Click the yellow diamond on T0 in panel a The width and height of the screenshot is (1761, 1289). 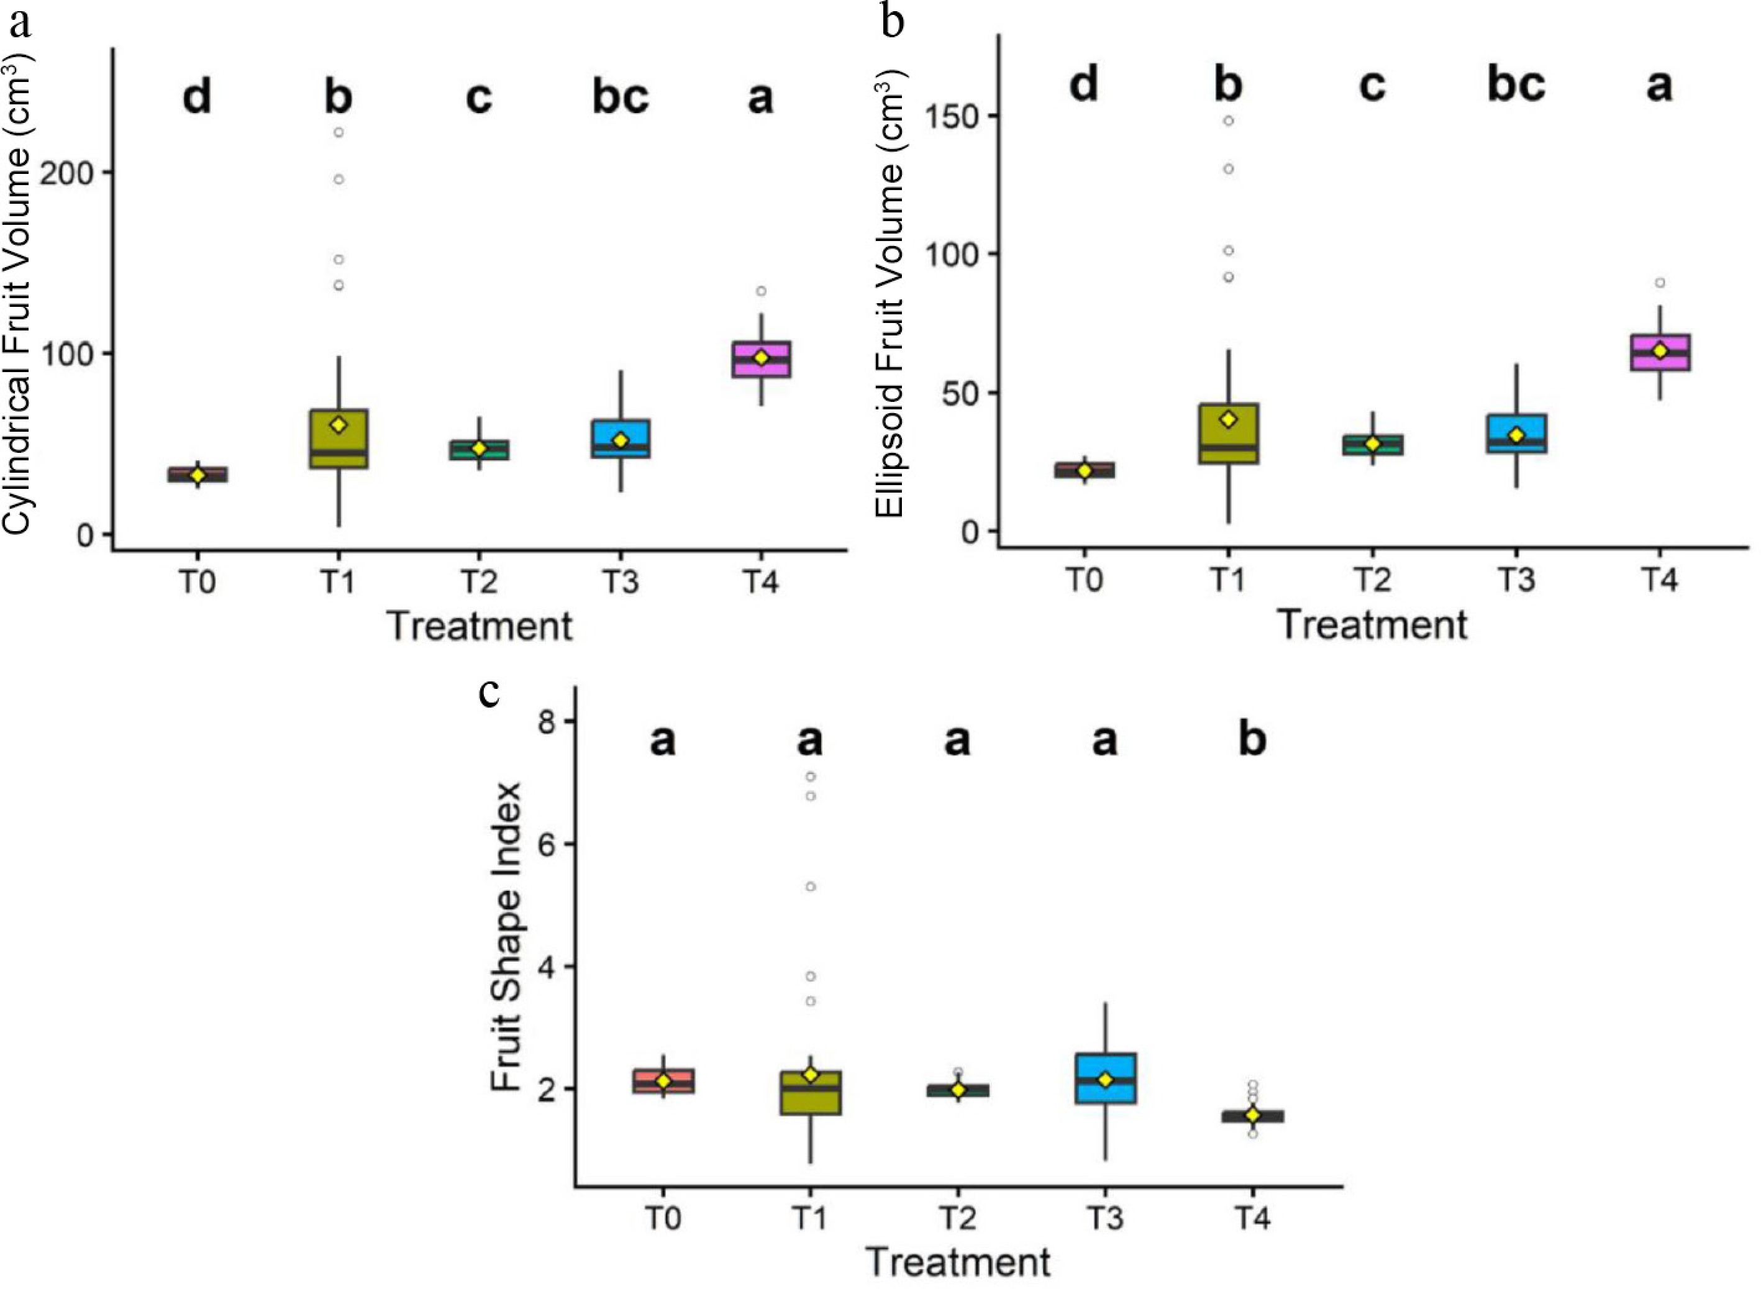(x=198, y=475)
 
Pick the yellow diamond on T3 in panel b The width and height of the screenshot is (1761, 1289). (x=1516, y=435)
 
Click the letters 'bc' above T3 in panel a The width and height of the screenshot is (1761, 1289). (x=621, y=98)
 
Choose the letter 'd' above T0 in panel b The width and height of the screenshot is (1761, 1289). (x=1084, y=84)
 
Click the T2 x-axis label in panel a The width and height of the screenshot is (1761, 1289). (x=479, y=583)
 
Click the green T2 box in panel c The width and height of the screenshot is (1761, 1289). (x=958, y=1091)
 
